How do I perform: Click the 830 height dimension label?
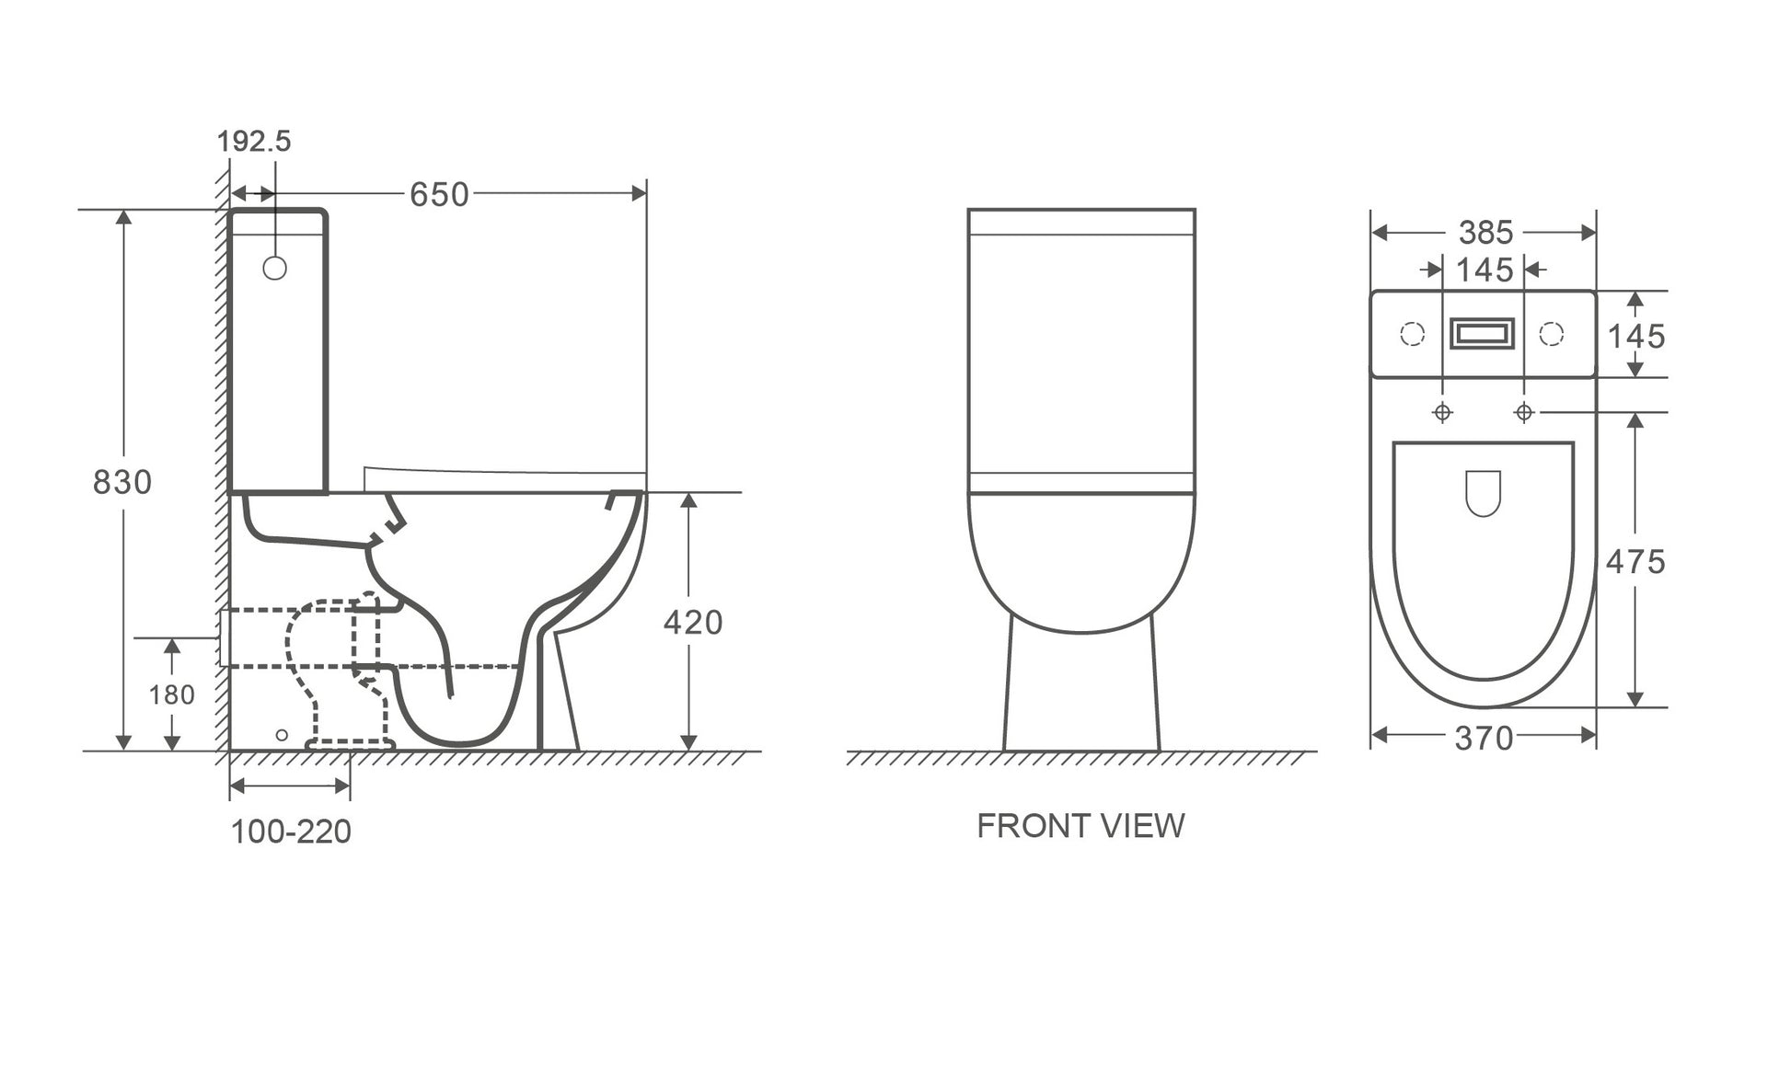click(x=121, y=482)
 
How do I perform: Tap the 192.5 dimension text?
click(x=253, y=142)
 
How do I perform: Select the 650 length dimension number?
click(x=439, y=195)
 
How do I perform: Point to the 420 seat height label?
click(x=693, y=623)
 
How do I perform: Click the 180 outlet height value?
click(x=172, y=694)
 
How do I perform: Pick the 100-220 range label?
click(x=291, y=832)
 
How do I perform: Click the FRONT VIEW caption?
click(x=1080, y=826)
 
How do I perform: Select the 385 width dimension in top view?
click(x=1485, y=233)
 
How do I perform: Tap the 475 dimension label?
click(x=1635, y=562)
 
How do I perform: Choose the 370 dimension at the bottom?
click(x=1484, y=738)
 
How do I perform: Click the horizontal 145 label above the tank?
click(x=1485, y=270)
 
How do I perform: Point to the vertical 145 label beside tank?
click(x=1636, y=337)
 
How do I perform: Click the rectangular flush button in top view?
click(x=1483, y=334)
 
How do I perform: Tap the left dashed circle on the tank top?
click(x=1413, y=334)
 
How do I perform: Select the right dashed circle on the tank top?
click(x=1552, y=334)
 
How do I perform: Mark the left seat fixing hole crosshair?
click(x=1442, y=412)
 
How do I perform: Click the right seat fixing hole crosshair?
click(x=1524, y=412)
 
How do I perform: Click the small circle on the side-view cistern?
click(x=274, y=268)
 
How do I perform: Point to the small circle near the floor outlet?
click(x=282, y=735)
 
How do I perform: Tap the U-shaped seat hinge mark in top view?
click(x=1483, y=493)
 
